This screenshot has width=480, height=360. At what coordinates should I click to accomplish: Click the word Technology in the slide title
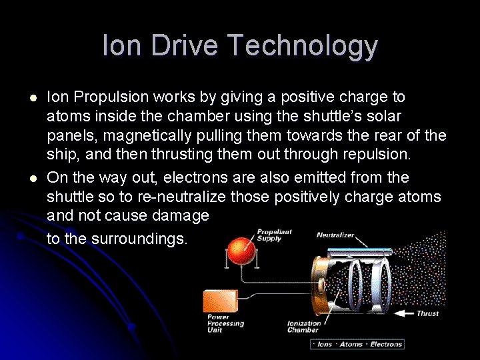(302, 47)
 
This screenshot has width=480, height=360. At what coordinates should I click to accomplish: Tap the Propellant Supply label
(274, 235)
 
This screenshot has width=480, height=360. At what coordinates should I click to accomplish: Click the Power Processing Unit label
(225, 323)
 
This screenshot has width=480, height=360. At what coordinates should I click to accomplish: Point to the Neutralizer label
(335, 235)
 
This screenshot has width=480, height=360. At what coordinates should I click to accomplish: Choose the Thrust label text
(427, 313)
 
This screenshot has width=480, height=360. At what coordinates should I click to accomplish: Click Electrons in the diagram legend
(386, 344)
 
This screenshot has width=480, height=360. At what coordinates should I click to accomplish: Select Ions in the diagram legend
(325, 344)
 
